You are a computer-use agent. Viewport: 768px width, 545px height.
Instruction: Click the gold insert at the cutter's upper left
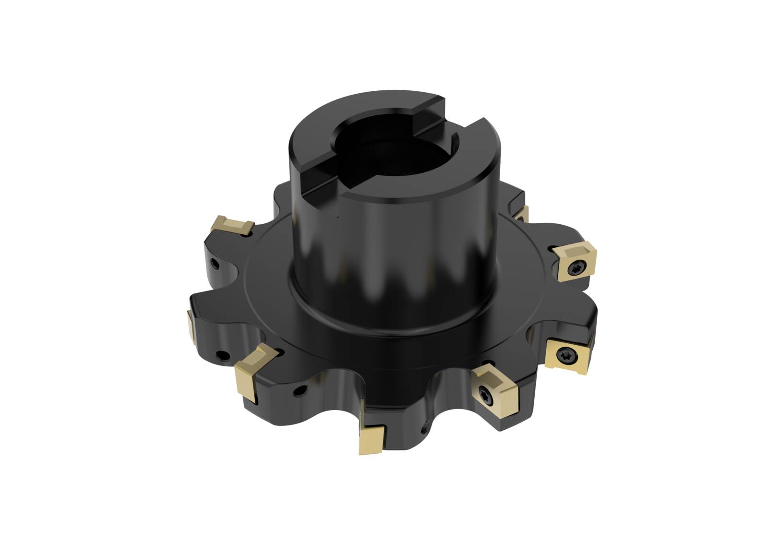232,225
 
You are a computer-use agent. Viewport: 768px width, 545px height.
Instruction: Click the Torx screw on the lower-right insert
564,355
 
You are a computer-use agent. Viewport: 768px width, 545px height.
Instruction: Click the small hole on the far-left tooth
222,356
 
